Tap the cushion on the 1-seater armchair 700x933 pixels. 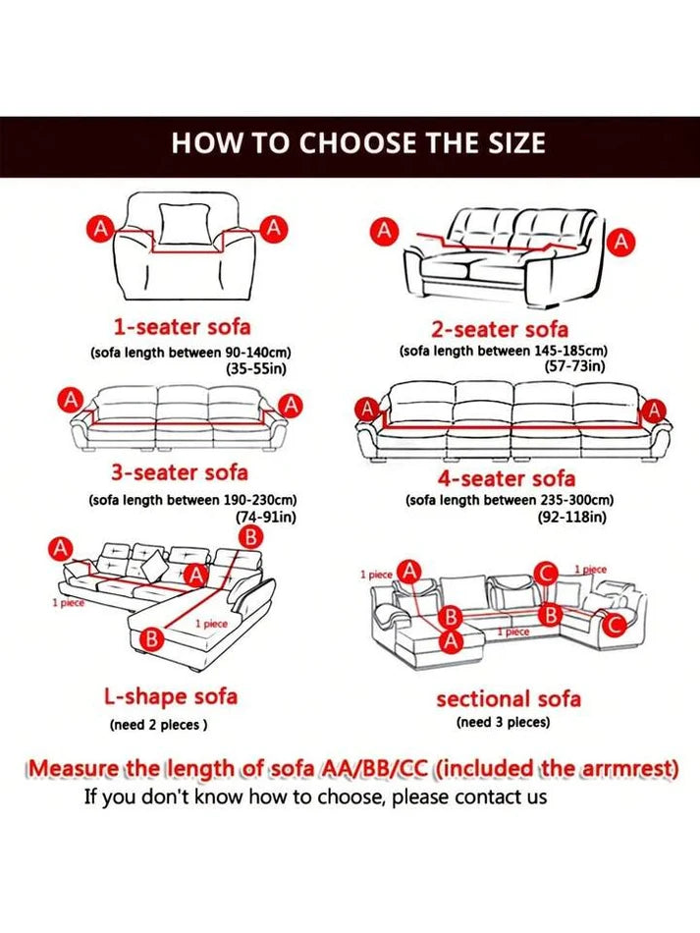[185, 223]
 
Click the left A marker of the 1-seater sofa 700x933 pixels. [102, 229]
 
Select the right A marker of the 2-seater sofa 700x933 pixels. [620, 242]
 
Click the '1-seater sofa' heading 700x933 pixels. [182, 326]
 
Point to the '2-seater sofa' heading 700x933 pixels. [500, 329]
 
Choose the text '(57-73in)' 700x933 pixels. [574, 366]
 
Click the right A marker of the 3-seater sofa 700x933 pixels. [291, 406]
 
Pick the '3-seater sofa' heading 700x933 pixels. [179, 472]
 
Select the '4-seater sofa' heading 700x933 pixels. [507, 478]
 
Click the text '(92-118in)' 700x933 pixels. [572, 517]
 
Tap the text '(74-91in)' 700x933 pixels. [266, 517]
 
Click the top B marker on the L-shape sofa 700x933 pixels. [250, 537]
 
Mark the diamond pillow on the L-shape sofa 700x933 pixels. [153, 566]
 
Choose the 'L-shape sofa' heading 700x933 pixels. [171, 696]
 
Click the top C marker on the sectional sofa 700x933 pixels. [545, 574]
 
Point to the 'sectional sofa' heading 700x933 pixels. [509, 698]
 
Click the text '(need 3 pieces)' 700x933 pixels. [503, 723]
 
